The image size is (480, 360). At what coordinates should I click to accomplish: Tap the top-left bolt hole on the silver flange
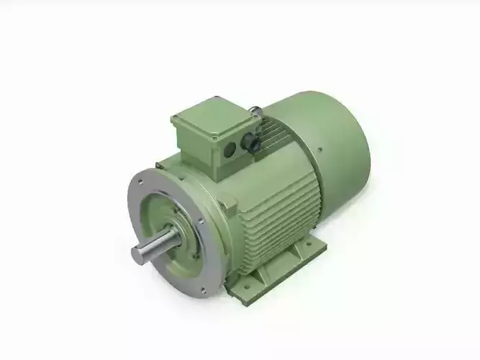(x=141, y=181)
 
